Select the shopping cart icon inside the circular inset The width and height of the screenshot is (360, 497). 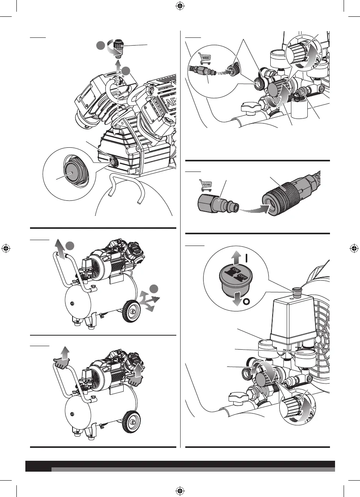205,58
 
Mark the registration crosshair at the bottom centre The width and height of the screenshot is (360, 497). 180,490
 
